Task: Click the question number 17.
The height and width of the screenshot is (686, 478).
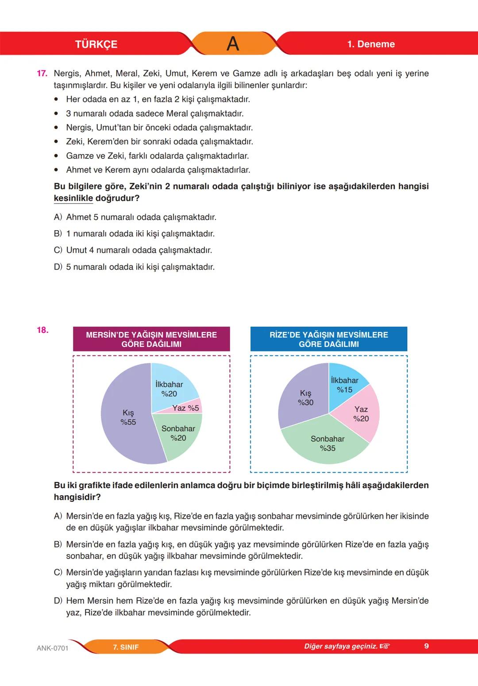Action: pyautogui.click(x=42, y=73)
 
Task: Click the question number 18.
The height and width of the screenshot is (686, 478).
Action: pyautogui.click(x=42, y=330)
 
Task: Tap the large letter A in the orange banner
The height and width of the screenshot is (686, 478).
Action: pyautogui.click(x=233, y=44)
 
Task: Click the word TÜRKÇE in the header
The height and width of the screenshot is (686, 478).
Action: pyautogui.click(x=96, y=44)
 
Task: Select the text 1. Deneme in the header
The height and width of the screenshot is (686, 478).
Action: pyautogui.click(x=371, y=44)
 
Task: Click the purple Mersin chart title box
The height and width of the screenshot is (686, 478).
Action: pyautogui.click(x=151, y=339)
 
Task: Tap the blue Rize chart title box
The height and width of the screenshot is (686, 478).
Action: pyautogui.click(x=328, y=339)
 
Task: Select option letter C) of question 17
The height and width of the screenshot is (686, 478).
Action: pyautogui.click(x=58, y=250)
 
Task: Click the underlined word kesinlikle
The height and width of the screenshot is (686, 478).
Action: pyautogui.click(x=73, y=198)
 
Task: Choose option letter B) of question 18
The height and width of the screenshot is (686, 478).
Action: pyautogui.click(x=58, y=544)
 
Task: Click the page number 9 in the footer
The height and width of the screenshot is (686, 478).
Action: pyautogui.click(x=426, y=646)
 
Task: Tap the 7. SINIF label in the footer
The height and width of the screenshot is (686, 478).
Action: pyautogui.click(x=126, y=647)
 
